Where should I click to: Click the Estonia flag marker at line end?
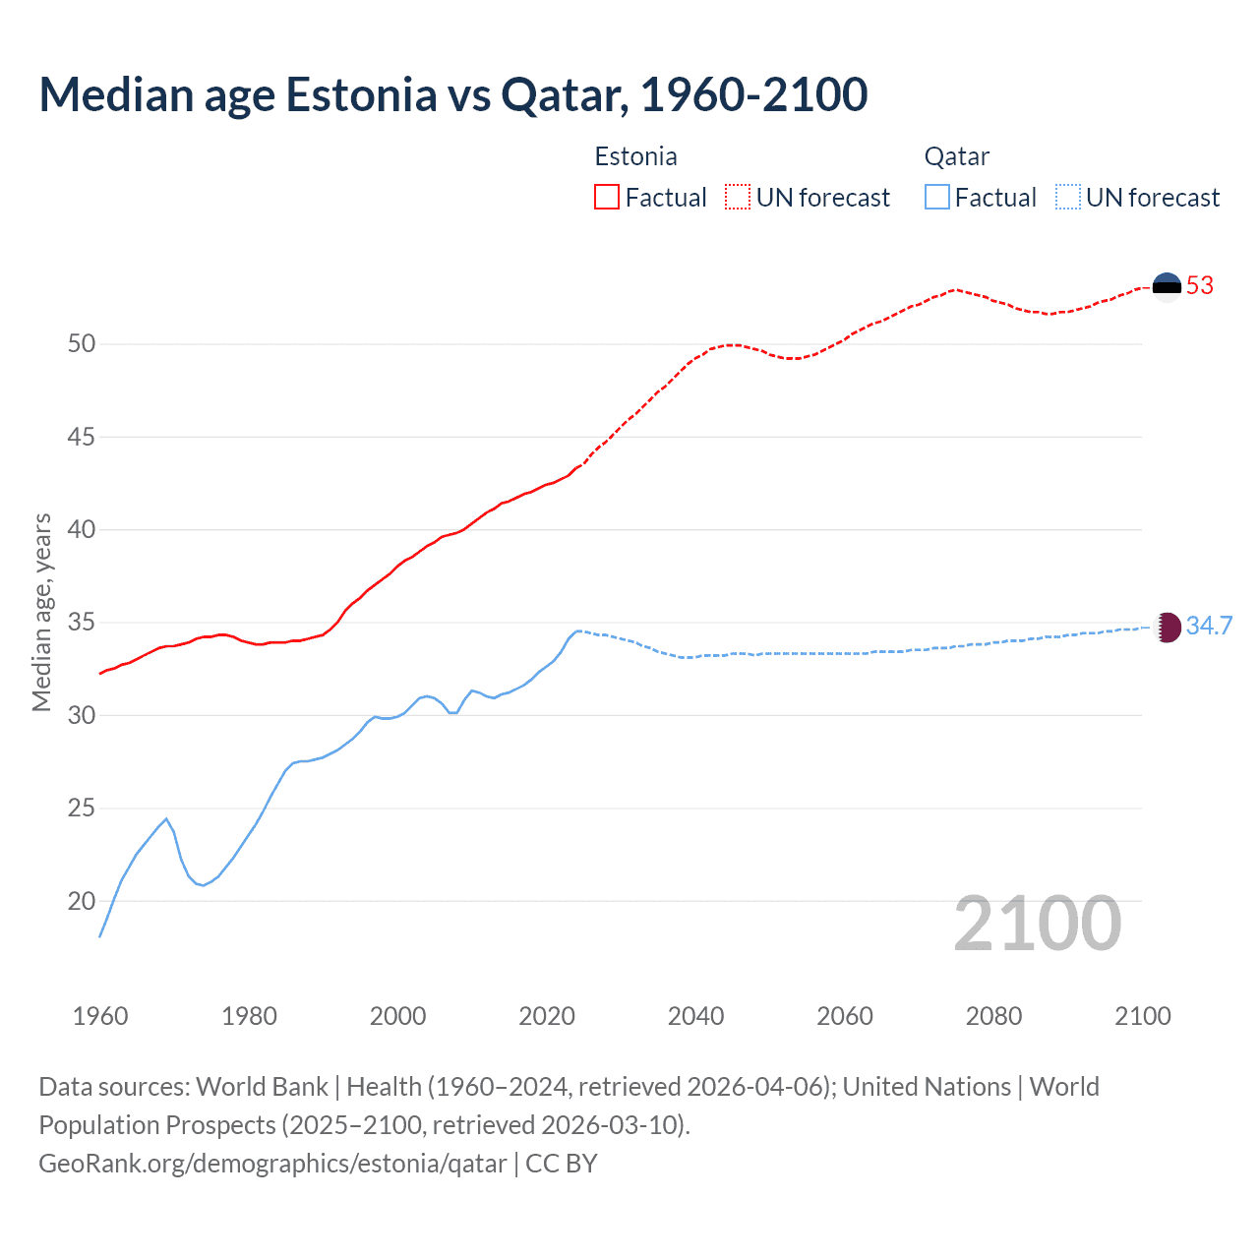1167,285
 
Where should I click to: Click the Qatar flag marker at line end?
1167,627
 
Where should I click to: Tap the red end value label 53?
1200,285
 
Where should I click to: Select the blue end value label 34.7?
1209,627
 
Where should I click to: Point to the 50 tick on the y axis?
82,343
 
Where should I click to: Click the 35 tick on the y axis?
82,623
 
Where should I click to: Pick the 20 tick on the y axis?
82,901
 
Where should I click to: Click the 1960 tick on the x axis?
100,1016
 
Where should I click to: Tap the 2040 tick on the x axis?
695,1016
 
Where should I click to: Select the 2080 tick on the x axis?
993,1016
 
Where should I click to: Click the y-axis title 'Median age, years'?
41,612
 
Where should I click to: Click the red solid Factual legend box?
607,198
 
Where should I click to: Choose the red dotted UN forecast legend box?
738,198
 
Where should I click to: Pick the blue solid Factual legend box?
937,198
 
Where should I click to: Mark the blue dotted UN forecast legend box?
1067,198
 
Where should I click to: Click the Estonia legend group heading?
635,156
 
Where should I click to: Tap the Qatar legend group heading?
956,156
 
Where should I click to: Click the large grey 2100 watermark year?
1037,923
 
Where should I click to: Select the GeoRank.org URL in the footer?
272,1164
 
